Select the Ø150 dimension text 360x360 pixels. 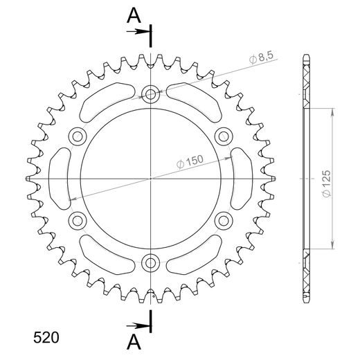[190, 161]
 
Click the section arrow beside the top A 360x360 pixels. [142, 31]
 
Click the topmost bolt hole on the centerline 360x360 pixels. [150, 93]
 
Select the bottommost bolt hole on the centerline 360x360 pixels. [150, 263]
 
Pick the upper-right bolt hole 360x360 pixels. [224, 136]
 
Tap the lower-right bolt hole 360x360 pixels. [224, 221]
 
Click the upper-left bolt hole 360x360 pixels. [77, 136]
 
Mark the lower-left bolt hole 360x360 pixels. [77, 221]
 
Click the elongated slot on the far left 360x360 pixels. [60, 178]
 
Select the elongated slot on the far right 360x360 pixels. [241, 178]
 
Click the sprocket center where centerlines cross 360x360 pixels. [150, 179]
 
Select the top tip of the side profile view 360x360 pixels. [305, 55]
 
